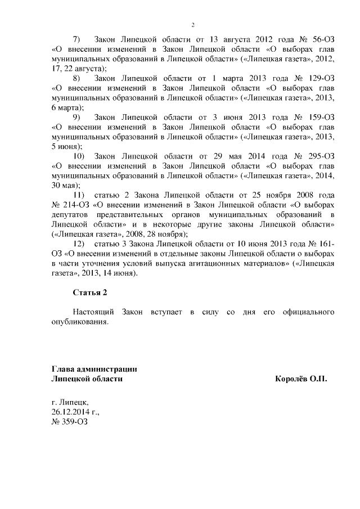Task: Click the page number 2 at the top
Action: point(192,25)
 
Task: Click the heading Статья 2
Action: point(89,292)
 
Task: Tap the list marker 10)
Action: point(79,155)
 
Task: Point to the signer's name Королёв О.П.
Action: point(300,379)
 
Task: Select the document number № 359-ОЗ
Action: point(69,421)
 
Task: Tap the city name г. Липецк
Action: point(69,402)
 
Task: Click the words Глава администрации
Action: point(94,369)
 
